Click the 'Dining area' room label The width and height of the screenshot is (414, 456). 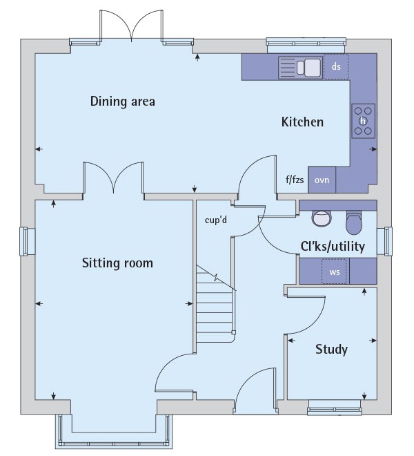coord(122,102)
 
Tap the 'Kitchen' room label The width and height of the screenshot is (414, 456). coord(302,122)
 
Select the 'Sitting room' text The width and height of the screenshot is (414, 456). coord(117,263)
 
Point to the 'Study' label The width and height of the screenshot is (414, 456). coord(331,349)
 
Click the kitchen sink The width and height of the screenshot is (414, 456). coord(301,68)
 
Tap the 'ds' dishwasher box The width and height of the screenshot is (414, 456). coord(337,67)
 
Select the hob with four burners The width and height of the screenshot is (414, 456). coord(364,120)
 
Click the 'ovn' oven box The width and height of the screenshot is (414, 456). coord(322,180)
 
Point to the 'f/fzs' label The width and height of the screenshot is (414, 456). coord(295,180)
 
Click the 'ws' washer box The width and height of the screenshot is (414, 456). coord(335,272)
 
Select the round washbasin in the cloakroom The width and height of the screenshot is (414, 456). coord(322,218)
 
